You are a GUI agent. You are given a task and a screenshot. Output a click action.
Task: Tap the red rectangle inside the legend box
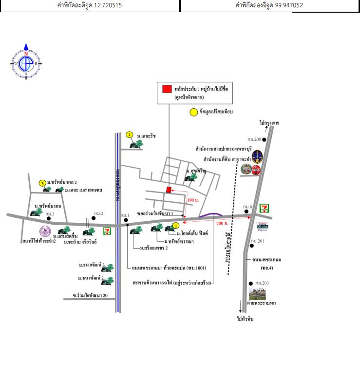point(167,89)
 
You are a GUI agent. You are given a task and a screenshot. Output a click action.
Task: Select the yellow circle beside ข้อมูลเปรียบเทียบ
point(193,112)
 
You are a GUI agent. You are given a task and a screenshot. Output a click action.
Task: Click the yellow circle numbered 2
point(129,135)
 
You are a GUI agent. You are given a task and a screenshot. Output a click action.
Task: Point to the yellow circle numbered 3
point(42,183)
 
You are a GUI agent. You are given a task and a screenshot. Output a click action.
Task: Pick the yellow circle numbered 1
point(176,225)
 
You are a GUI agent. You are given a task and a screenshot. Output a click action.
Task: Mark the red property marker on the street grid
point(169,190)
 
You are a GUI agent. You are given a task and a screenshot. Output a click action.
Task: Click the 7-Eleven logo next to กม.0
point(264,209)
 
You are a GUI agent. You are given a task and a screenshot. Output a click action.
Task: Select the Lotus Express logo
point(262,226)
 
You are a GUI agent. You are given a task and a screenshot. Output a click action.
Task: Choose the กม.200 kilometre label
point(253,139)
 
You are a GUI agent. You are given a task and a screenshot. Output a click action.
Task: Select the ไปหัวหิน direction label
point(245,319)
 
